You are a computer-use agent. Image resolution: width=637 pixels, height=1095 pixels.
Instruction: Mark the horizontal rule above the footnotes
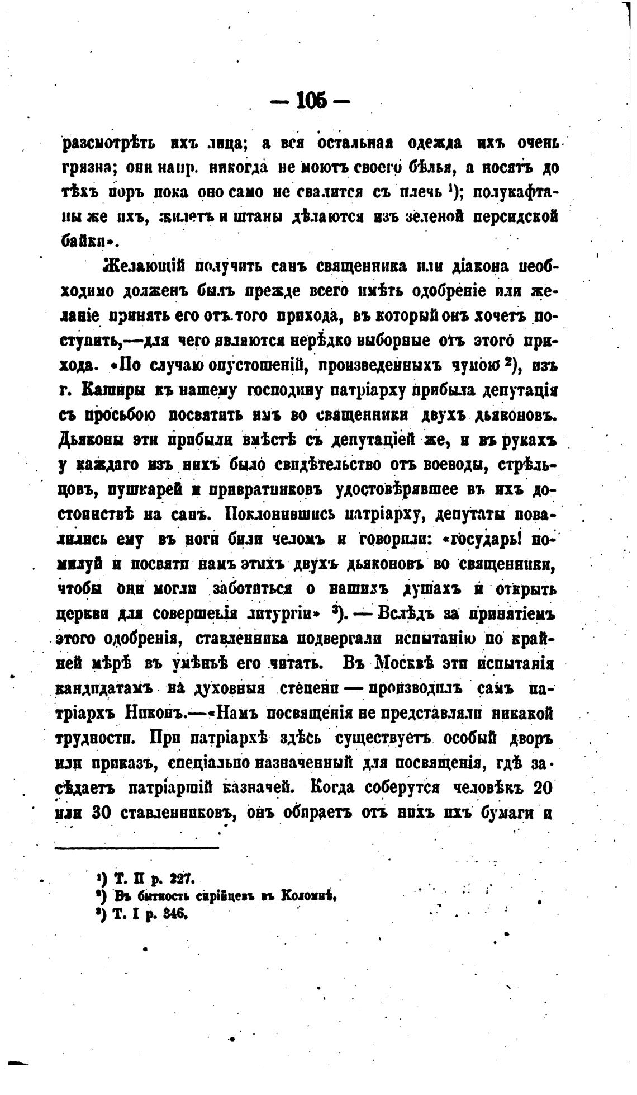tap(137, 849)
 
